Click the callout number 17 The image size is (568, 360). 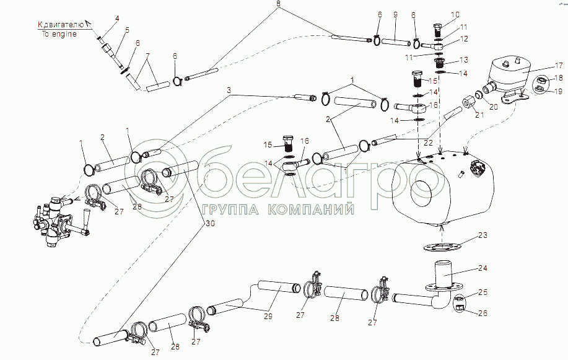click(x=559, y=66)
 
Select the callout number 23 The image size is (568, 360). click(x=483, y=235)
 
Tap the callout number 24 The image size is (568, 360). click(x=483, y=268)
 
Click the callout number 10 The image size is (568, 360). click(x=455, y=14)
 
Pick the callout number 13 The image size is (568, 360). click(x=464, y=59)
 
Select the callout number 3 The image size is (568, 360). click(x=229, y=90)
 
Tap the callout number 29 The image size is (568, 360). click(x=268, y=316)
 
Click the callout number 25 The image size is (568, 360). click(x=483, y=292)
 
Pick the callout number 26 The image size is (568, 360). click(x=483, y=313)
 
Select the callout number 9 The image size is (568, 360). click(x=395, y=14)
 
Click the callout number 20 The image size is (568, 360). click(x=494, y=107)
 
